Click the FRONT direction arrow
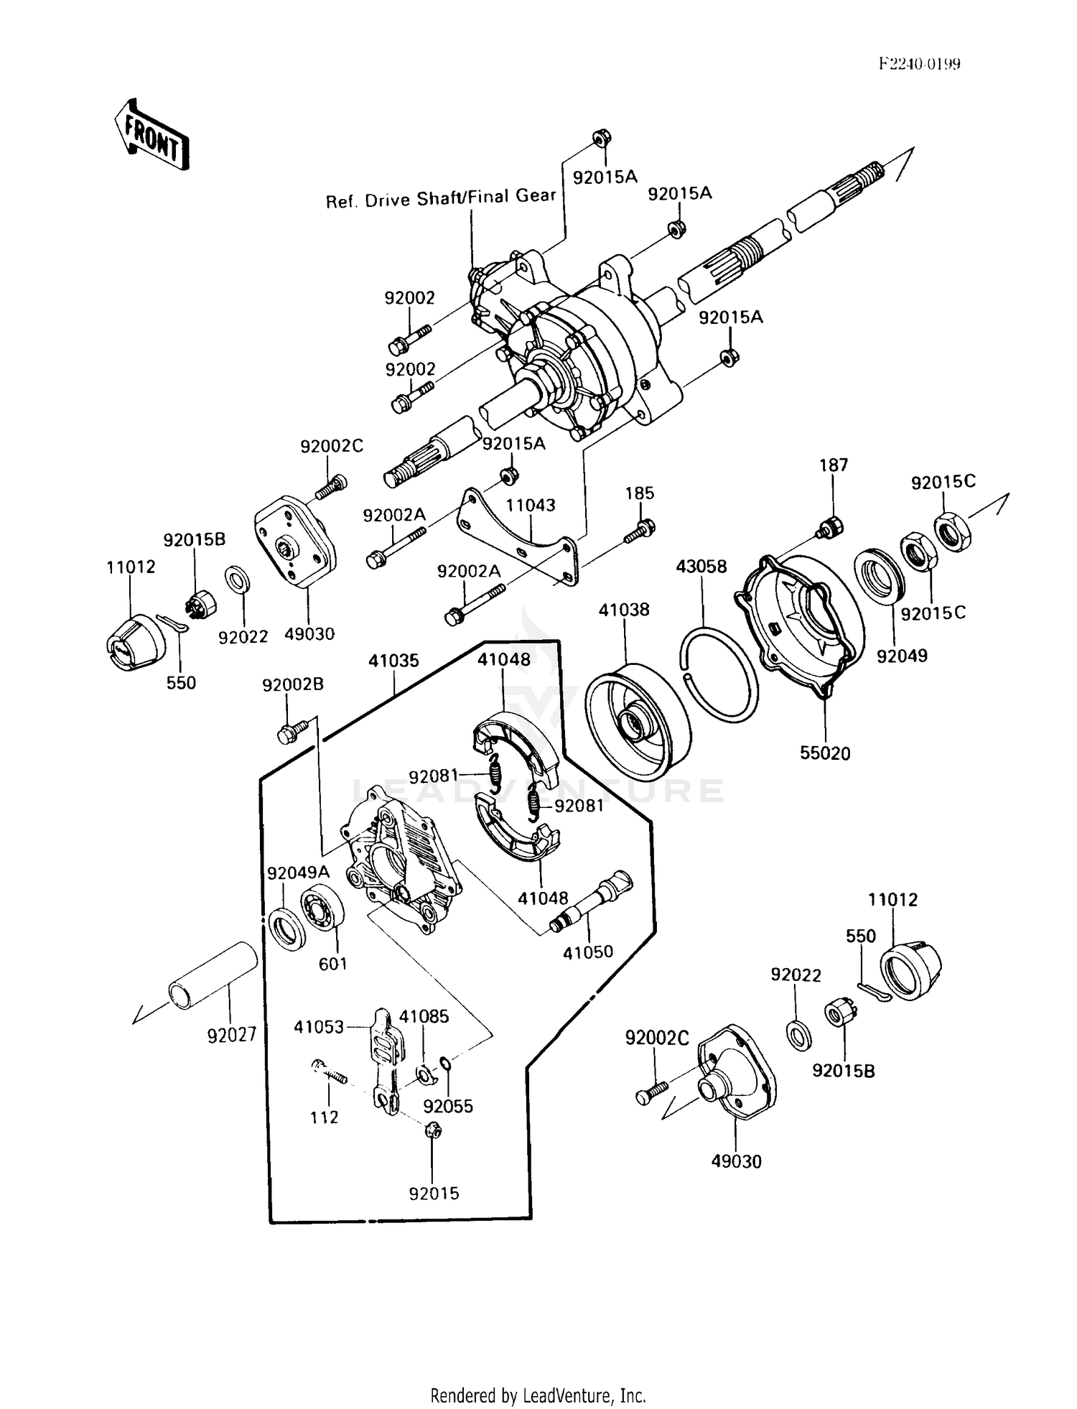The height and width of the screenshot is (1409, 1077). pos(151,135)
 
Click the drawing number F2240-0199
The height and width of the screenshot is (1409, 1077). pos(919,64)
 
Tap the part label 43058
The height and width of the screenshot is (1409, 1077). pos(701,567)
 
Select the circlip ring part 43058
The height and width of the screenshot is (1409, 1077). pos(719,675)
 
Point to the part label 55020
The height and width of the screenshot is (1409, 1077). pos(825,753)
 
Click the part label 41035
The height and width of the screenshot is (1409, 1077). pos(393,661)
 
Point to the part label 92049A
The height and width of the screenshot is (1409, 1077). pos(298,873)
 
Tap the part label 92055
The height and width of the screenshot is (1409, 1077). pos(448,1106)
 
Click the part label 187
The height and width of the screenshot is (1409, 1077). pos(833,465)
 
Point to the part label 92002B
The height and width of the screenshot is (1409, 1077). pos(293,684)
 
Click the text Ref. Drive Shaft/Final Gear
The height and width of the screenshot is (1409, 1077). pos(440,198)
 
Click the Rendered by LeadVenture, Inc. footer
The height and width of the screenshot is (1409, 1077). pos(538,1395)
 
